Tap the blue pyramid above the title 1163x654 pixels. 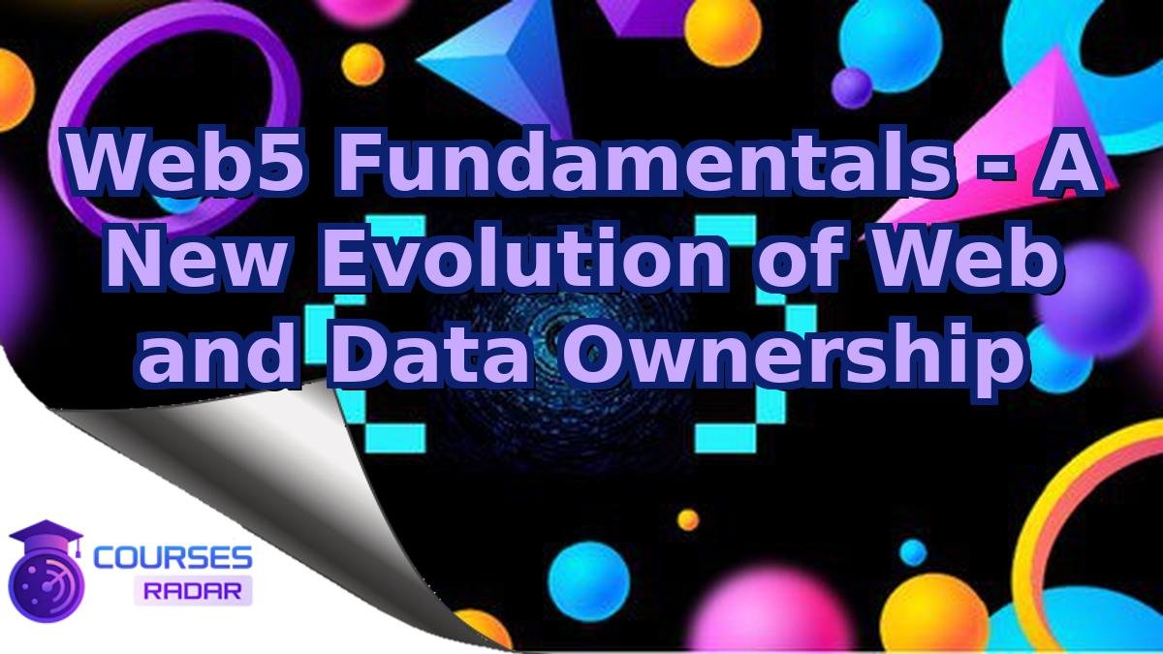point(495,53)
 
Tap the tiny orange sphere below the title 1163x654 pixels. point(688,520)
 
